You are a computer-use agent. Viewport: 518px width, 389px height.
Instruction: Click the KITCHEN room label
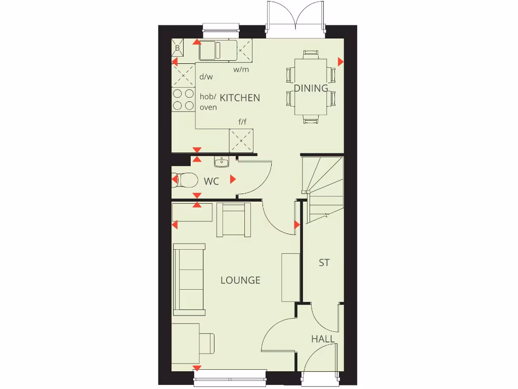240,98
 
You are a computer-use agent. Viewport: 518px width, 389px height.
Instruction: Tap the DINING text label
311,88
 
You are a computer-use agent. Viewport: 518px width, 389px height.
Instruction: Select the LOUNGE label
240,280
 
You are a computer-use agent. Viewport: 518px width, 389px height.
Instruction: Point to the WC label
211,181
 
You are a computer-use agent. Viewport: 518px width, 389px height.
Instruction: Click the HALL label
323,339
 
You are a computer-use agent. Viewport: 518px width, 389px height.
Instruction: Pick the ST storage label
324,263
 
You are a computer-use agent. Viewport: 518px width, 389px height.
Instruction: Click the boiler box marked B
178,48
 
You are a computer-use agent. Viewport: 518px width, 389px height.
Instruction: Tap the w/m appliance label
241,69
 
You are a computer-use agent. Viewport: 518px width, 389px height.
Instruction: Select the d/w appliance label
206,77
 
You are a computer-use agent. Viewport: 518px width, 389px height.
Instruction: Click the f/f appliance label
243,122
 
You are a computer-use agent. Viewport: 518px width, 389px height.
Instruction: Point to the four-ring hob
184,99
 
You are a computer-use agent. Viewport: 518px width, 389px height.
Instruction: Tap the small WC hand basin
222,162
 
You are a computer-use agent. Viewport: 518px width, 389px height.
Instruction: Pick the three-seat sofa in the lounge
189,279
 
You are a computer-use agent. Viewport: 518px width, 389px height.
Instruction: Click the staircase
323,187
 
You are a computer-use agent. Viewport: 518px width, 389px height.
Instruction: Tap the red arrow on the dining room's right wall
340,62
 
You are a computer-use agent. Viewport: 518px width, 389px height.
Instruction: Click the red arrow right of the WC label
233,179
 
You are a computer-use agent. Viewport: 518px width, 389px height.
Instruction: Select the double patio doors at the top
295,20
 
